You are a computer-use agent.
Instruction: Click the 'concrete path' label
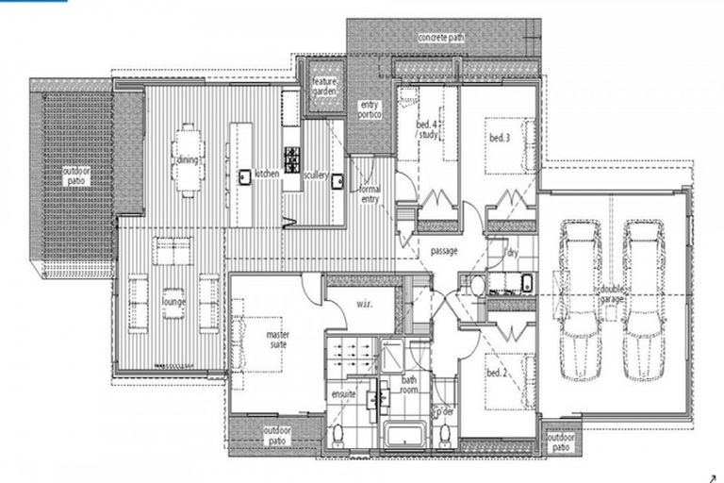point(441,38)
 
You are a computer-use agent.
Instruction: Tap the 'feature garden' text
point(324,87)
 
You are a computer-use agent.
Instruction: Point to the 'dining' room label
point(187,160)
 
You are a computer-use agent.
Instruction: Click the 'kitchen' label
point(267,175)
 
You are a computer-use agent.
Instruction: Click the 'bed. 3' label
point(499,138)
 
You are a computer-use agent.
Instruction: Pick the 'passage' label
point(445,252)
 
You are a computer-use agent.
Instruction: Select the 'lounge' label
point(174,302)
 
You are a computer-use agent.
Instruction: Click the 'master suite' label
point(276,341)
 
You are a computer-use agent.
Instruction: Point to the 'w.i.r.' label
point(366,303)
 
